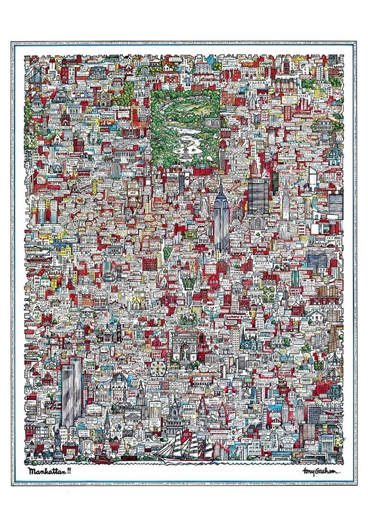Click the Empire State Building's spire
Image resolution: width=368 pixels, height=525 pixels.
coord(220,177)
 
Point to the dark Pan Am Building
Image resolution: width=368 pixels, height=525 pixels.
coord(257,193)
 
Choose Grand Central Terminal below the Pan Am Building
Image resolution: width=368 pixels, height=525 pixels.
coord(257,220)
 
